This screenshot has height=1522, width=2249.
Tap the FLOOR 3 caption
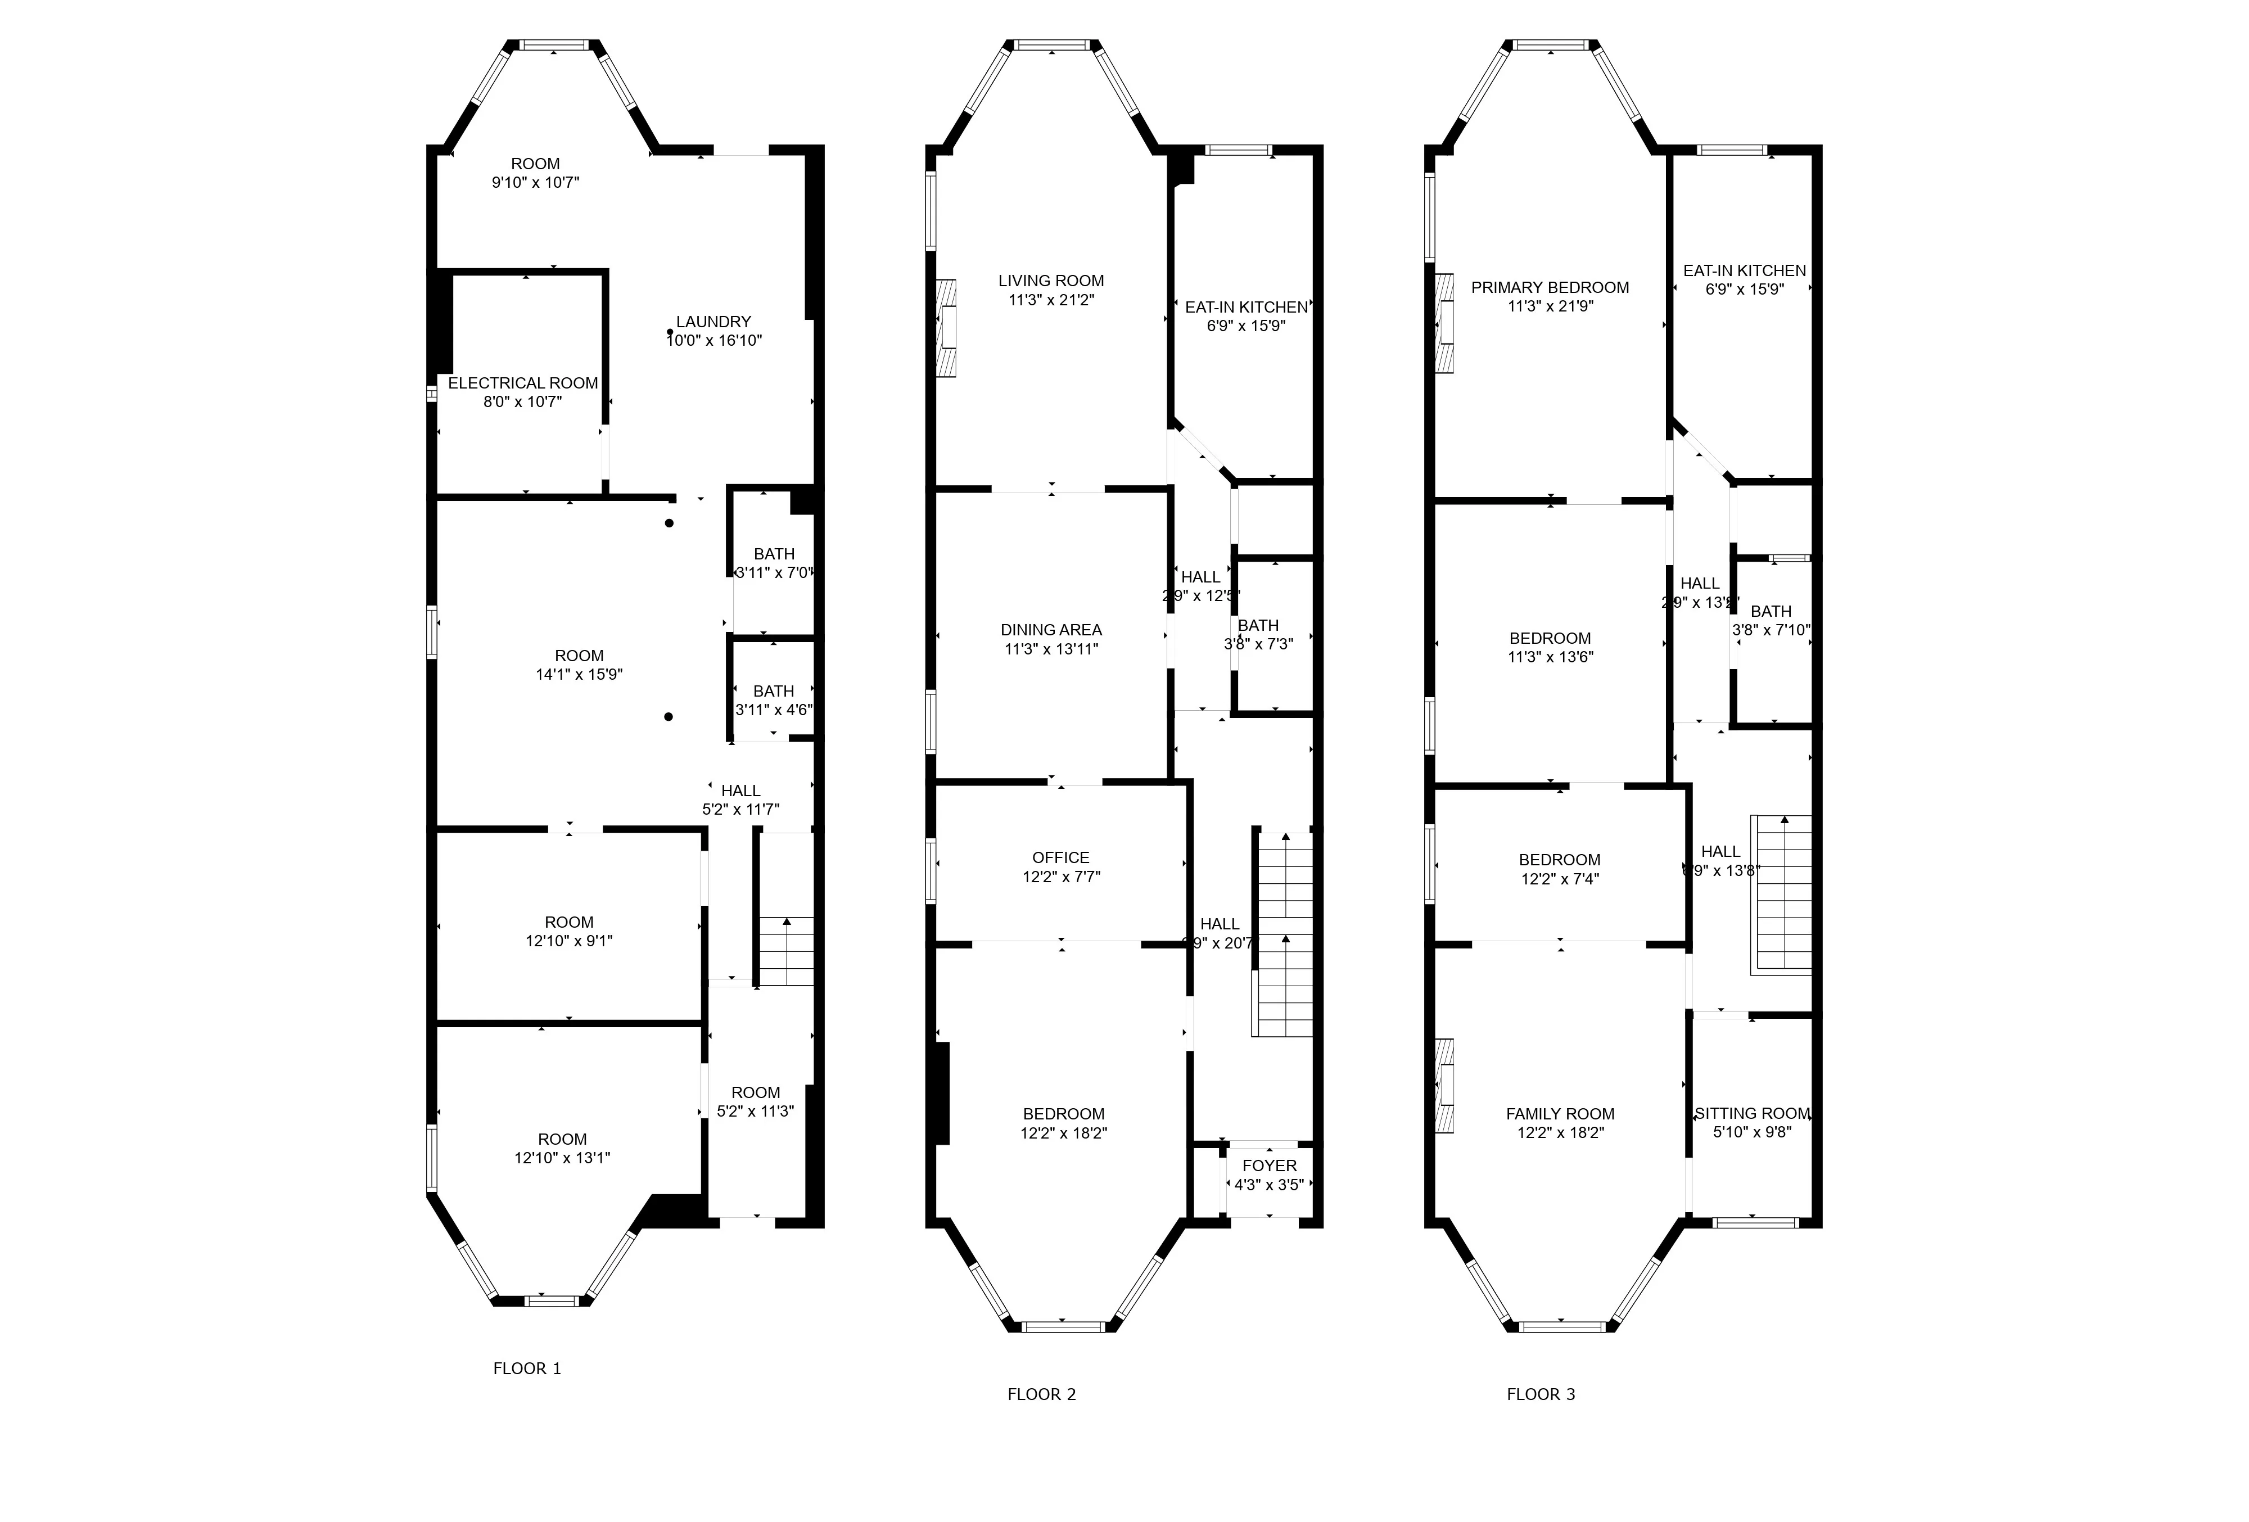(x=1541, y=1394)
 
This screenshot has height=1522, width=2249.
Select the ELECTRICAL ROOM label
(x=522, y=383)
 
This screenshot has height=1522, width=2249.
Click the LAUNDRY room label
(x=713, y=321)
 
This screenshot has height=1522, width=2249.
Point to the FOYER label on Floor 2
(x=1268, y=1166)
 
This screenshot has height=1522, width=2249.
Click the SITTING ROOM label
(x=1751, y=1114)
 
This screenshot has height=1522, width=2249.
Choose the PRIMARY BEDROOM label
(x=1550, y=287)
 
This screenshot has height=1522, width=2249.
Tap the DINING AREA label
(x=1051, y=630)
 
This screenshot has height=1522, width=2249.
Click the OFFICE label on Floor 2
(x=1060, y=857)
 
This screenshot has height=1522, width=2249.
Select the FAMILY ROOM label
(x=1560, y=1114)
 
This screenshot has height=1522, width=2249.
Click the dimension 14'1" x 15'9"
(x=579, y=674)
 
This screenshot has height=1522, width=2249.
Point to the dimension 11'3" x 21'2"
(x=1051, y=300)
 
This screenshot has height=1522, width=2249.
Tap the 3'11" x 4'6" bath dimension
(x=773, y=709)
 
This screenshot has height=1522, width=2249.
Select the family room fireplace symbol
(x=1444, y=1086)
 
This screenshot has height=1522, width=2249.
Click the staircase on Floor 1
(x=785, y=951)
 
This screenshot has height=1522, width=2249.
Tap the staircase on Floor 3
(x=1781, y=895)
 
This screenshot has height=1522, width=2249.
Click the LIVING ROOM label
(x=1051, y=281)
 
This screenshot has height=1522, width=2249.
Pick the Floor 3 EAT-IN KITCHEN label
(x=1744, y=271)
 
